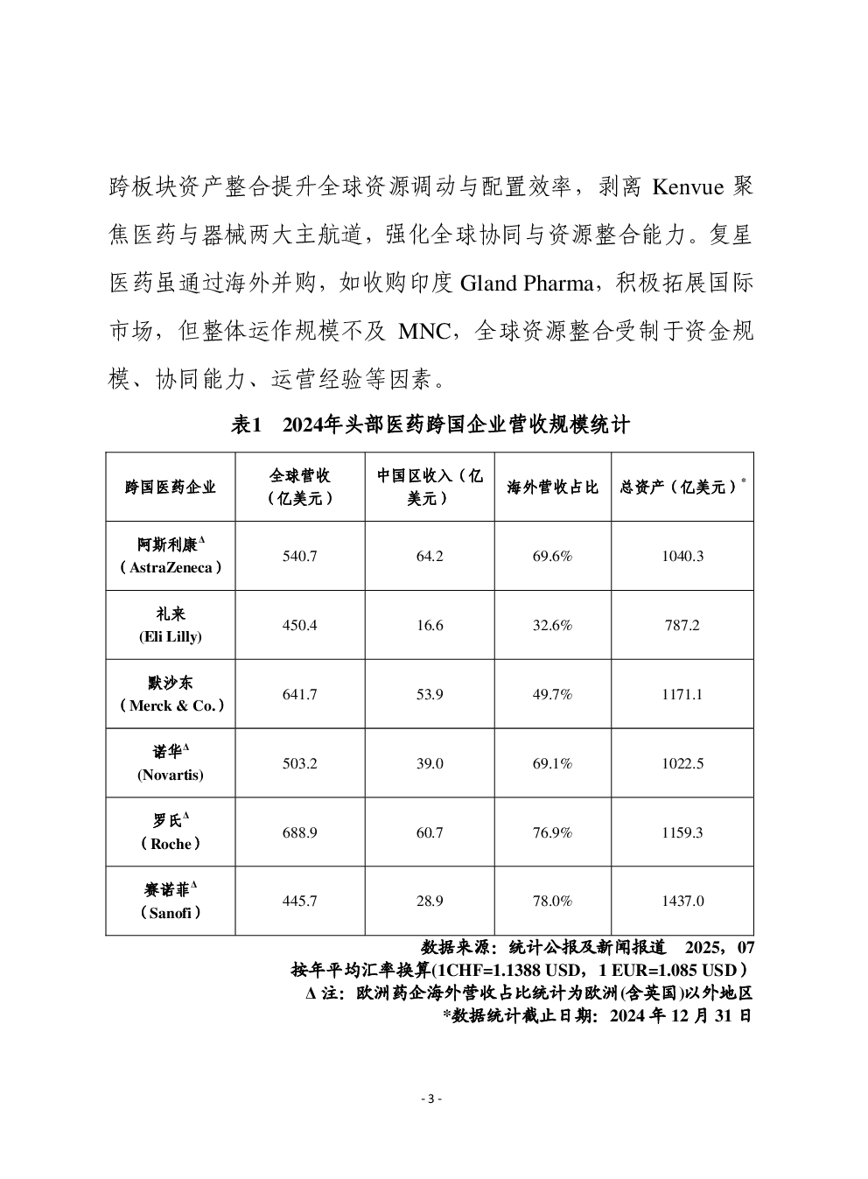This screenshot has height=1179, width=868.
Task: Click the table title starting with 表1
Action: [430, 425]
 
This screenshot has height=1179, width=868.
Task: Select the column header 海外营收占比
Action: [552, 488]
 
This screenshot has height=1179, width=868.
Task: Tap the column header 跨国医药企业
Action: [171, 488]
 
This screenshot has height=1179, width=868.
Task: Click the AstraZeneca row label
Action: [171, 556]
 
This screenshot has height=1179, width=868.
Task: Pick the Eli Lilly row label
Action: [171, 625]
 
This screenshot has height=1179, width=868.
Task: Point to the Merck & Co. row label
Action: [171, 694]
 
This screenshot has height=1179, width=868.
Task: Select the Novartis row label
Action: [171, 763]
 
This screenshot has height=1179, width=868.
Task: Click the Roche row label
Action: [171, 832]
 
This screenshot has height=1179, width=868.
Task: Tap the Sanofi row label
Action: [171, 902]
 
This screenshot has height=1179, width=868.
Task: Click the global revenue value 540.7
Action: [300, 556]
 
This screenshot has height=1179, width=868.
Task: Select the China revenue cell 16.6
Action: [430, 625]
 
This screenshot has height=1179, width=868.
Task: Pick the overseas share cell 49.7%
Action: [552, 694]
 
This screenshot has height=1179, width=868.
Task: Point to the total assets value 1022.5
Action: [682, 763]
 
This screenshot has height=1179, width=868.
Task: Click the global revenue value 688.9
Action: [300, 832]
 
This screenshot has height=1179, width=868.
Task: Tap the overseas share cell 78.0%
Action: [552, 901]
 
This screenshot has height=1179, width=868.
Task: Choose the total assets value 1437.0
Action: [682, 901]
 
